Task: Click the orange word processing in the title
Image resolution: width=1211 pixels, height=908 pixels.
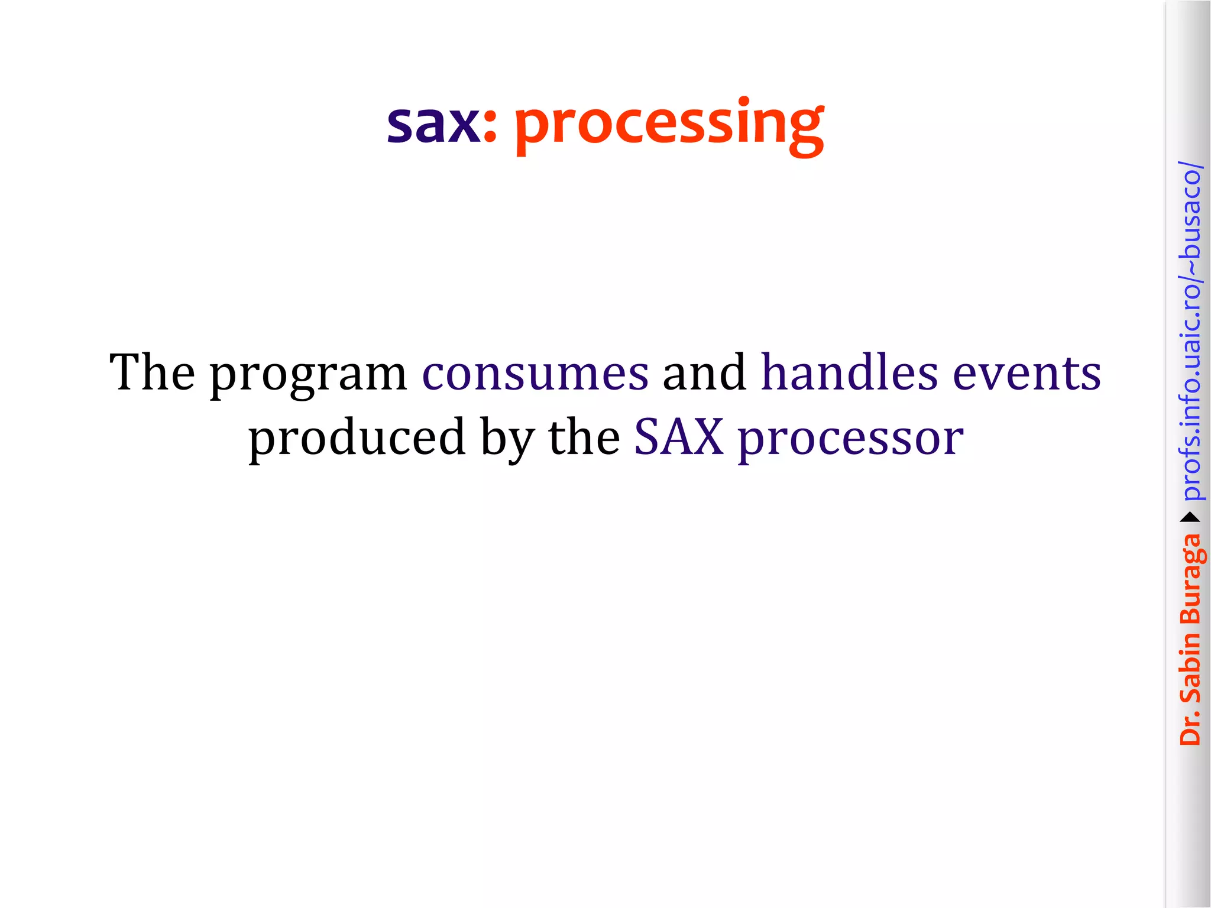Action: click(668, 125)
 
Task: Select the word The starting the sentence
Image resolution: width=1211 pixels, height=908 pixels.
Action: click(152, 372)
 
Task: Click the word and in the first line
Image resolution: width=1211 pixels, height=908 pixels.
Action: click(704, 372)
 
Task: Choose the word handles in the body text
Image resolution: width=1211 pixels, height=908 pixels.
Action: click(849, 372)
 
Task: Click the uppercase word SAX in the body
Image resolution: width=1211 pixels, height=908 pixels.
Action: click(679, 437)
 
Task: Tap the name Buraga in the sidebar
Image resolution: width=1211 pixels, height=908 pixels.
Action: click(1191, 579)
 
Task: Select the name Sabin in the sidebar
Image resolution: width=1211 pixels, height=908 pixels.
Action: click(1190, 667)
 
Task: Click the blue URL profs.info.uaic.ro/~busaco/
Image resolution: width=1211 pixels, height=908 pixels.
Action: click(1191, 331)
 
